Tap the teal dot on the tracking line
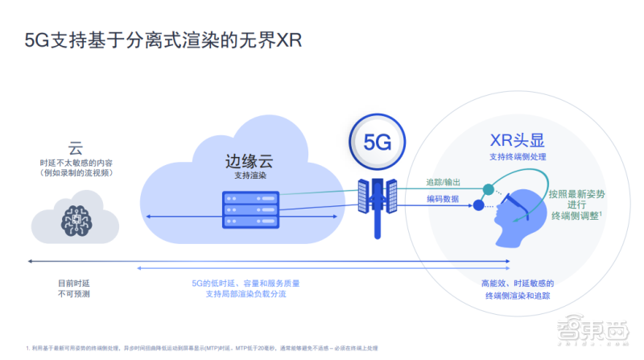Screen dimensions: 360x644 tap(488, 189)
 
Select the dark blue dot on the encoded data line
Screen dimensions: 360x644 tap(479, 205)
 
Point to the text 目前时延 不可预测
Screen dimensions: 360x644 tap(74, 288)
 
